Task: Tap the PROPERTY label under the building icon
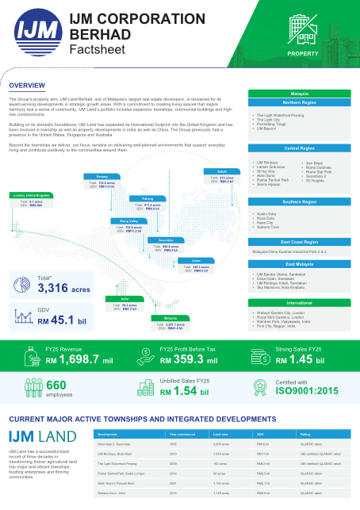[303, 53]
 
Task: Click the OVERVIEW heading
[26, 85]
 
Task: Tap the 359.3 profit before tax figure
[193, 359]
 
